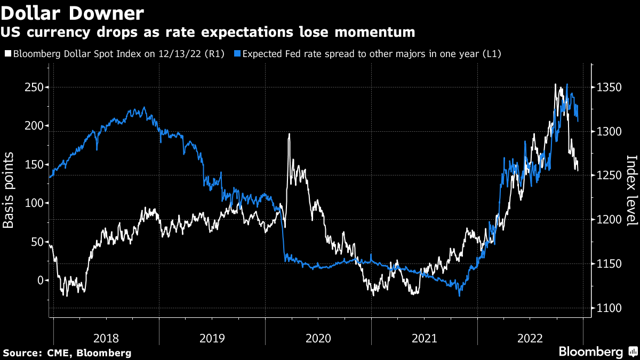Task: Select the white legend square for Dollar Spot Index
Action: pos(7,54)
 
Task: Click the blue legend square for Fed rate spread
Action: pos(238,54)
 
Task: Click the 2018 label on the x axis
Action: pos(106,338)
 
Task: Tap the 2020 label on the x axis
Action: pos(318,338)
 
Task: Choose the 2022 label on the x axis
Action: pos(530,338)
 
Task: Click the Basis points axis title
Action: pos(9,190)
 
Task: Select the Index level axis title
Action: pos(631,190)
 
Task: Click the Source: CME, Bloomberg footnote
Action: pos(67,353)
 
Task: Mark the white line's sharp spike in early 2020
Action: pos(289,134)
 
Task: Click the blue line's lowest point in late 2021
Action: pos(459,295)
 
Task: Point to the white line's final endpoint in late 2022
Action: pos(578,170)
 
